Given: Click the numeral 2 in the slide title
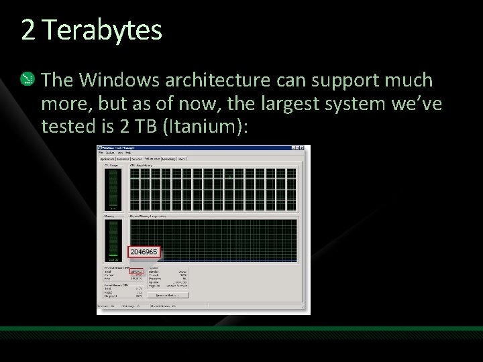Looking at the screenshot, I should tap(28, 29).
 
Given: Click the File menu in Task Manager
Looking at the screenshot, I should tap(101, 154).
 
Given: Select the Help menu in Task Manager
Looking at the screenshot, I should tap(127, 154).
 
